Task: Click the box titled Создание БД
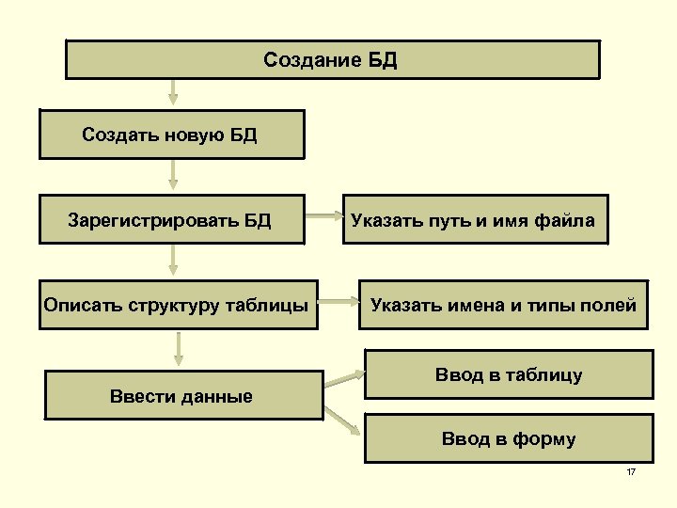[x=331, y=60]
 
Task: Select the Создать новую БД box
[x=171, y=135]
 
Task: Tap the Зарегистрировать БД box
[x=171, y=220]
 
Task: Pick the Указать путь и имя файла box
[x=473, y=220]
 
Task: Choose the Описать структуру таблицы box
[x=177, y=304]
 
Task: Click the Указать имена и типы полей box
[x=503, y=304]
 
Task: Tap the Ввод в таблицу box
[x=508, y=374]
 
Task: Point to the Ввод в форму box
[x=508, y=437]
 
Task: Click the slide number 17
[x=631, y=471]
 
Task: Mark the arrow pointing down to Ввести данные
[x=179, y=348]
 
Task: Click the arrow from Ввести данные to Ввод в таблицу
[x=344, y=379]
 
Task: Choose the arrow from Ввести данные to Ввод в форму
[x=344, y=422]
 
